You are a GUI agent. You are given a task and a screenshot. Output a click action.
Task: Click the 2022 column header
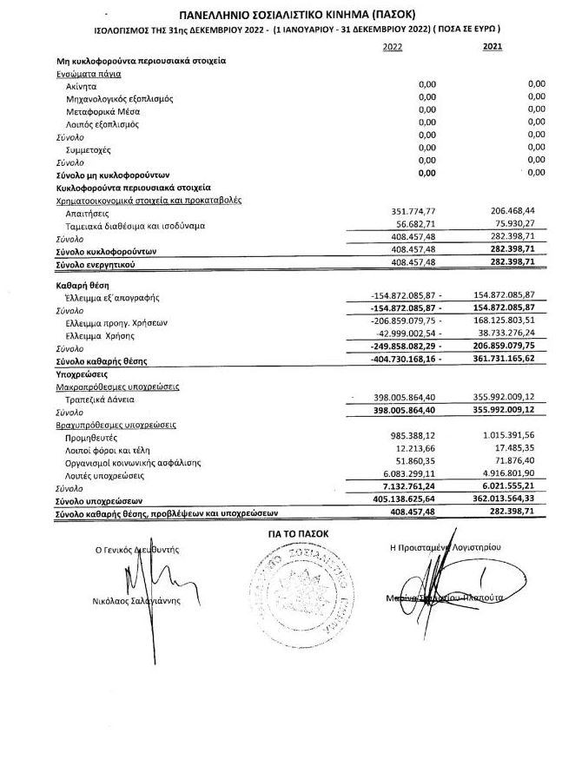(393, 47)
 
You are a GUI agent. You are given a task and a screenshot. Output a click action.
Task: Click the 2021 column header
(492, 47)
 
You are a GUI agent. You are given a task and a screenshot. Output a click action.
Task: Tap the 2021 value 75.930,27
(519, 224)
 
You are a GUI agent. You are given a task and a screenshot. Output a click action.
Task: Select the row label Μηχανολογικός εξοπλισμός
(119, 98)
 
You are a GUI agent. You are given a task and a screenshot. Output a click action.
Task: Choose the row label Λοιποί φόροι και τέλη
(109, 450)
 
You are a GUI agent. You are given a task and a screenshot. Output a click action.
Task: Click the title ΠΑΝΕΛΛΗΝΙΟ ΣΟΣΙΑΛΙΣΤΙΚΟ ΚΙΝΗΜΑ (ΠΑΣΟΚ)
(296, 16)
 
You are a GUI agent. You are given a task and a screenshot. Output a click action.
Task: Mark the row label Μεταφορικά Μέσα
(102, 111)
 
